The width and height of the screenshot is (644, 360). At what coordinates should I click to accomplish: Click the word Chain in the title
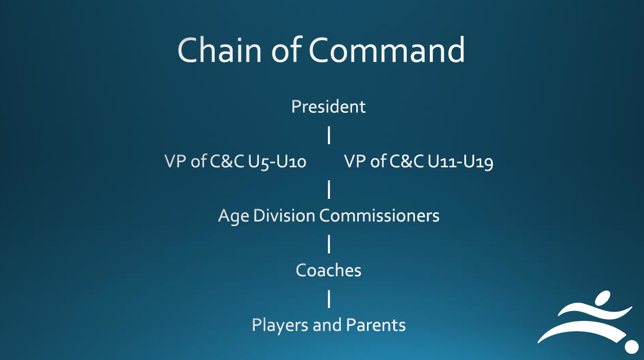pos(220,50)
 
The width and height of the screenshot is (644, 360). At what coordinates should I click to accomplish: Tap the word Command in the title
pos(387,50)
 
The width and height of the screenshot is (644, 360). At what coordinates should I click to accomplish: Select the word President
pos(328,107)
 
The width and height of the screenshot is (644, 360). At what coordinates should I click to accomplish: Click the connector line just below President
pos(329,135)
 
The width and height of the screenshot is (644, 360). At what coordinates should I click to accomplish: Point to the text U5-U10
pos(277,162)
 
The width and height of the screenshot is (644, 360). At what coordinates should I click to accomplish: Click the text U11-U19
pos(461,162)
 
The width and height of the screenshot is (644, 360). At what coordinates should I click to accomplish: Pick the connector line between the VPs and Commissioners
pos(329,189)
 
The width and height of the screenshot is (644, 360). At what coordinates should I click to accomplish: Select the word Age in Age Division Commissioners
pos(233,216)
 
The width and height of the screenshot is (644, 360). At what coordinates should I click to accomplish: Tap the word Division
pos(284,215)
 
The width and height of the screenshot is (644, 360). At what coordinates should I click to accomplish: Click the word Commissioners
pos(379,215)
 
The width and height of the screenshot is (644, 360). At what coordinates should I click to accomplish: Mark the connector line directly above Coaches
pos(329,244)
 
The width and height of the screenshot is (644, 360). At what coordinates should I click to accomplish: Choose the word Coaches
pos(328,270)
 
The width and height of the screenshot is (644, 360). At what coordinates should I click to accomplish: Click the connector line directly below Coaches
pos(329,299)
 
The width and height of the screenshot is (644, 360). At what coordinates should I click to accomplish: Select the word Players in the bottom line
pos(280,325)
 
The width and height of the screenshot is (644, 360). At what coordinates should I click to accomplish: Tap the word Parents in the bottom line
pos(376,325)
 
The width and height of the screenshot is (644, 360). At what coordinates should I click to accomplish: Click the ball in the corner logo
pos(632,347)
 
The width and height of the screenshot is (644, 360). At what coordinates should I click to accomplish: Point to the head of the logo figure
pos(602,298)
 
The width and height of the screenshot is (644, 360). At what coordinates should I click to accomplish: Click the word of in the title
pos(286,50)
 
